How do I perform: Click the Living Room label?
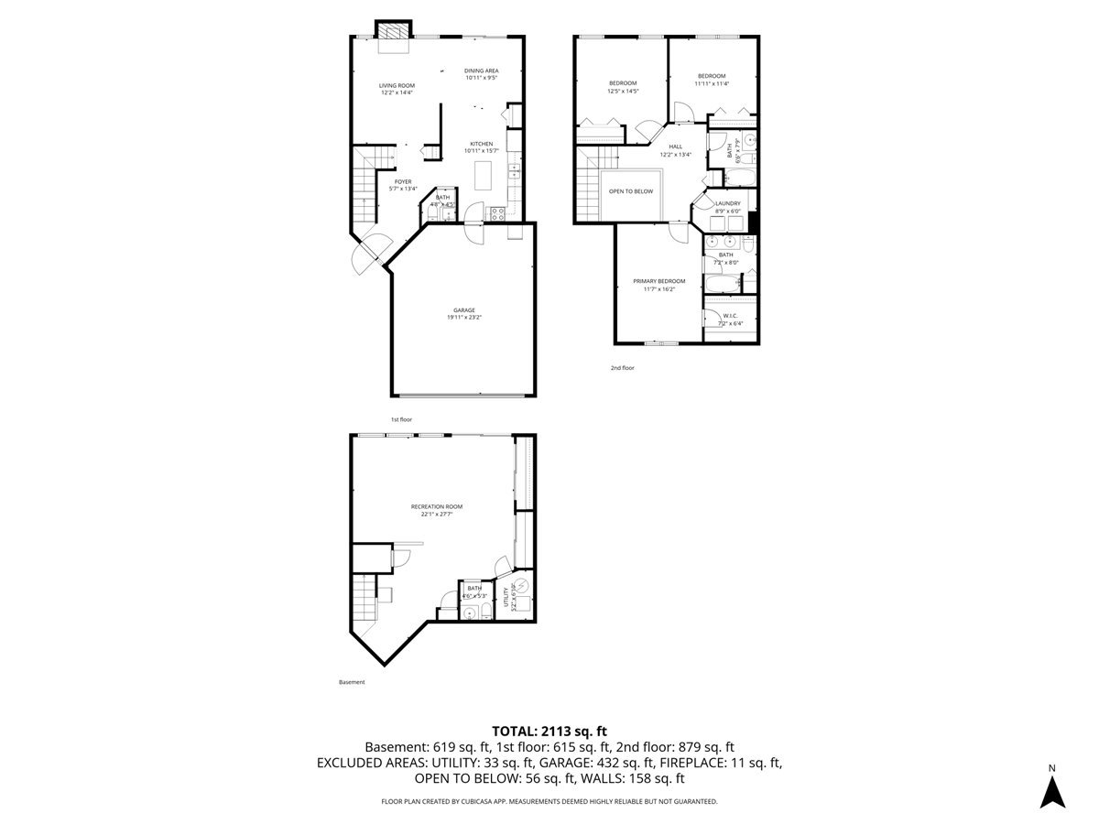click(x=397, y=85)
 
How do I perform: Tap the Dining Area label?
click(x=481, y=70)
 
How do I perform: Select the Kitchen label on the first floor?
click(x=482, y=144)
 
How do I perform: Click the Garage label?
click(x=461, y=310)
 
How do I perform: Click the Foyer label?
click(x=402, y=181)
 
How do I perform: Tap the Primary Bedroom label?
click(x=658, y=281)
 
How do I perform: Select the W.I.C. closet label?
click(x=730, y=316)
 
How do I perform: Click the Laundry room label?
click(x=728, y=203)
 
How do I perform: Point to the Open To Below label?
click(x=631, y=191)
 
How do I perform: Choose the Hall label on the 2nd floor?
click(x=675, y=146)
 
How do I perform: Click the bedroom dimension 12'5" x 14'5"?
click(x=623, y=92)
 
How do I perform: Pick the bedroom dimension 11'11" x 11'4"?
click(x=711, y=83)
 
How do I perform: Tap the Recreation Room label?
click(x=436, y=506)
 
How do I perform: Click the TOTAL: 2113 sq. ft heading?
click(x=549, y=731)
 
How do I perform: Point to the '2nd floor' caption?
click(x=622, y=368)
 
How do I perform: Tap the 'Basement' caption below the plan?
click(x=352, y=682)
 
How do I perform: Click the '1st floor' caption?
click(x=401, y=418)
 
